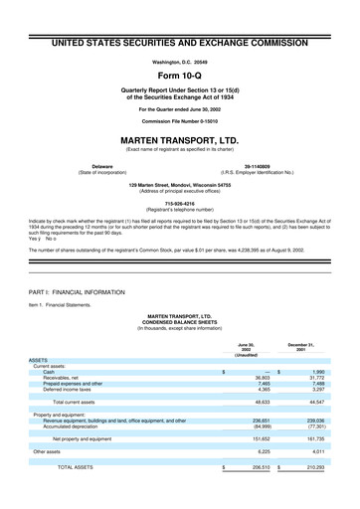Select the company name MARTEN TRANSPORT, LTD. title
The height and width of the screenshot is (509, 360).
click(179, 140)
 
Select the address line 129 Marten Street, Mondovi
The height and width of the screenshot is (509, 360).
click(179, 185)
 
